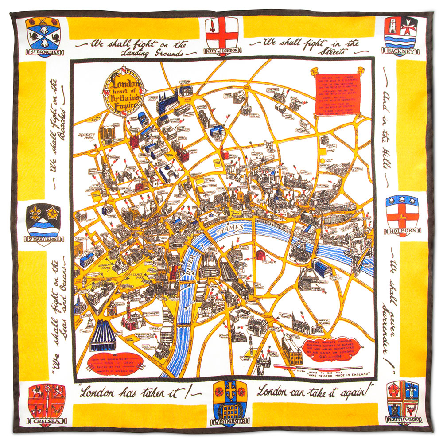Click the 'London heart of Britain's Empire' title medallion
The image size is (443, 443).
pyautogui.click(x=122, y=90)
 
